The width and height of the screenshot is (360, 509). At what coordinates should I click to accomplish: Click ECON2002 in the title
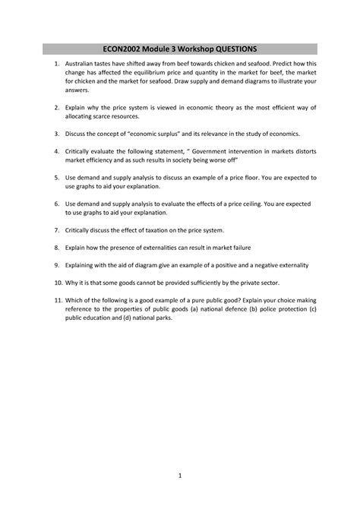(126, 49)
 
